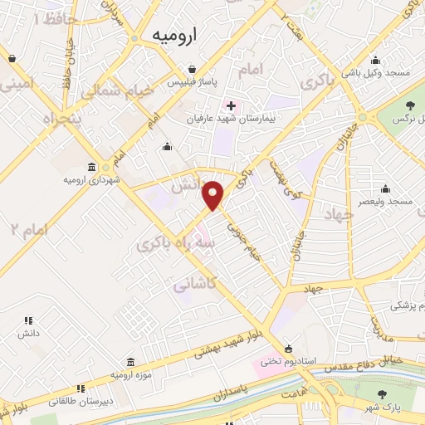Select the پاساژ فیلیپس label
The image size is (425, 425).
[193, 84]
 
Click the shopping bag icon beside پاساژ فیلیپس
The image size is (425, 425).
[193, 70]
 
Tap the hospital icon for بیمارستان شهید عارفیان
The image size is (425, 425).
[231, 105]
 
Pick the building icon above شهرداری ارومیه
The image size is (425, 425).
[90, 166]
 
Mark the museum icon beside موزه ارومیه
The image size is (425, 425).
[130, 362]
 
